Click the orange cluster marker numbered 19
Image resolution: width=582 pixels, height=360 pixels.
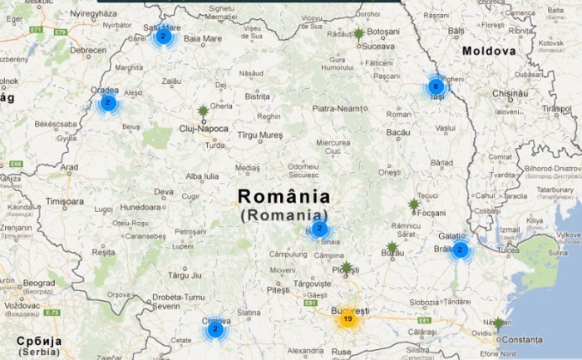(348, 318)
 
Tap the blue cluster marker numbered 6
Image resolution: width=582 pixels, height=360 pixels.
(435, 86)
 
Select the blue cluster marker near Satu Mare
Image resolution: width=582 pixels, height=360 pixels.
(164, 36)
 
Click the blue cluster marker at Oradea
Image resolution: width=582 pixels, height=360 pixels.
(107, 103)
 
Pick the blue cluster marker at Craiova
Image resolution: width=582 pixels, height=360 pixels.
(215, 329)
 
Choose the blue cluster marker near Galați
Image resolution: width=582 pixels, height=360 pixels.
(460, 249)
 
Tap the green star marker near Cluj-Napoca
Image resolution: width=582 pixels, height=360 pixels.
(203, 111)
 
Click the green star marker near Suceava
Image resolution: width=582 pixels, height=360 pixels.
(358, 34)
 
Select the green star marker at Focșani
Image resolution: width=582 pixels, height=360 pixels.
(414, 205)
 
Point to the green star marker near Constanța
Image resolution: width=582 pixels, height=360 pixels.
(497, 323)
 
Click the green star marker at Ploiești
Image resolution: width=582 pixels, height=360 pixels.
(346, 268)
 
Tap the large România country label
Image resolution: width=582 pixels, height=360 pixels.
(283, 197)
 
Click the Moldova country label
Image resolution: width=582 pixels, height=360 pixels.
(489, 52)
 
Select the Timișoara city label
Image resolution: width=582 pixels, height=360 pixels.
(67, 202)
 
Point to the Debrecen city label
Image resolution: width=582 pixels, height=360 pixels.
(88, 51)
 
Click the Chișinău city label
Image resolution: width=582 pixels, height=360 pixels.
(510, 93)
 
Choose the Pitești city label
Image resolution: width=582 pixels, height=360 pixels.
(278, 289)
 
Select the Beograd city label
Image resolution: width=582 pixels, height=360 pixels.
(38, 284)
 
